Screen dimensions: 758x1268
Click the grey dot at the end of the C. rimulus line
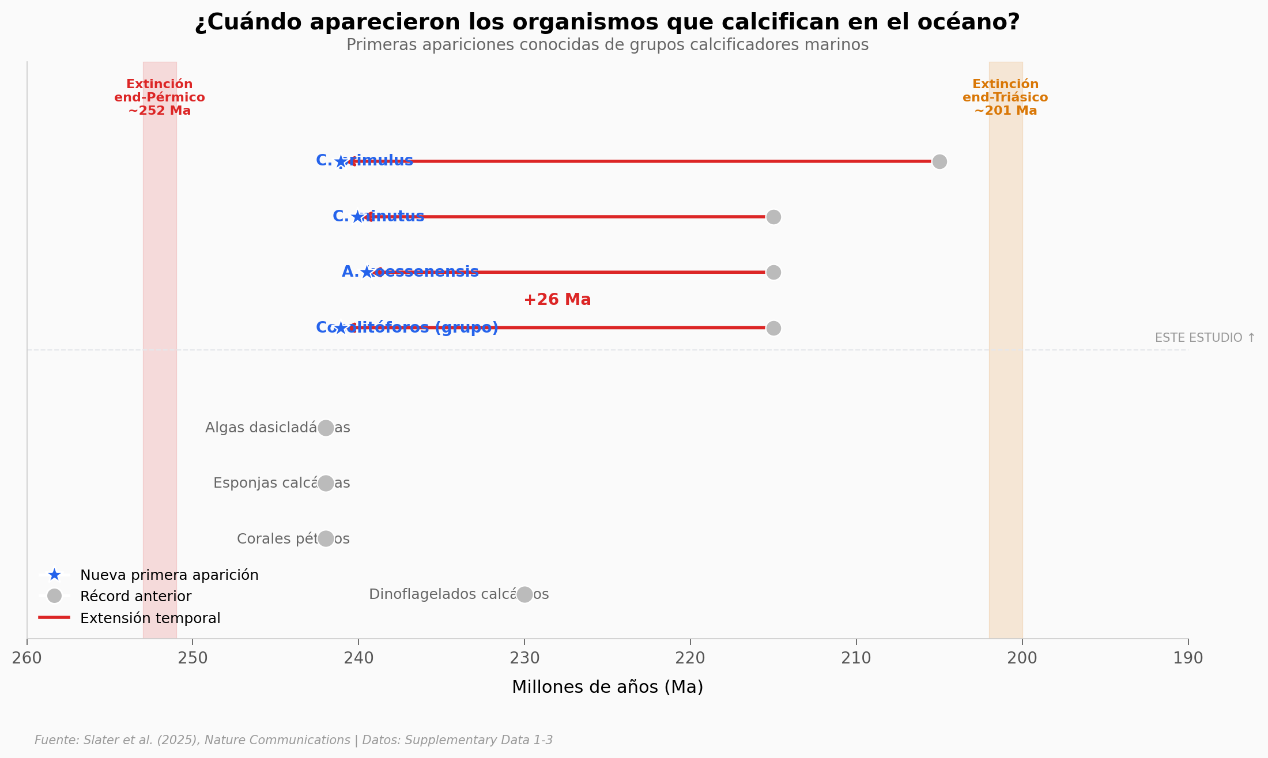(x=939, y=161)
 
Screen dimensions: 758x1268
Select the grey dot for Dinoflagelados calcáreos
(x=524, y=594)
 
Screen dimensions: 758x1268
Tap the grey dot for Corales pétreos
(x=326, y=538)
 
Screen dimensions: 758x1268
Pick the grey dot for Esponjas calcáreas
(x=326, y=483)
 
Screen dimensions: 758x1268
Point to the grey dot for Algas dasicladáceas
(x=326, y=428)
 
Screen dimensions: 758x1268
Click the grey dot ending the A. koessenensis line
(x=773, y=272)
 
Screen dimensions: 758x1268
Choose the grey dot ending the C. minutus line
(x=773, y=217)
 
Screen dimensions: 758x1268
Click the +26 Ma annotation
(x=557, y=300)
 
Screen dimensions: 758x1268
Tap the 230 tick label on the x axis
(x=524, y=658)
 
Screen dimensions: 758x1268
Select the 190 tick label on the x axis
(x=1188, y=658)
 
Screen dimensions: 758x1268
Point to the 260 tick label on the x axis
(x=27, y=658)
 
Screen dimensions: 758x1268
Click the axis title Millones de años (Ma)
(x=607, y=687)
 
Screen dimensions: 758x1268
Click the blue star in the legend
(x=54, y=575)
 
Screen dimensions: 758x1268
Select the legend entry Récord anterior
(x=135, y=596)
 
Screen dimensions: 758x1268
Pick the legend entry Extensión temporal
(x=150, y=618)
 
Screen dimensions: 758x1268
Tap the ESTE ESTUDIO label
(x=1205, y=338)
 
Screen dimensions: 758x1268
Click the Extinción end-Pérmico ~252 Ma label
(x=160, y=97)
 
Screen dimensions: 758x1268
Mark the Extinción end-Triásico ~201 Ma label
(x=1005, y=97)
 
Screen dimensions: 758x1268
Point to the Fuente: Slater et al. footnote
(x=293, y=740)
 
